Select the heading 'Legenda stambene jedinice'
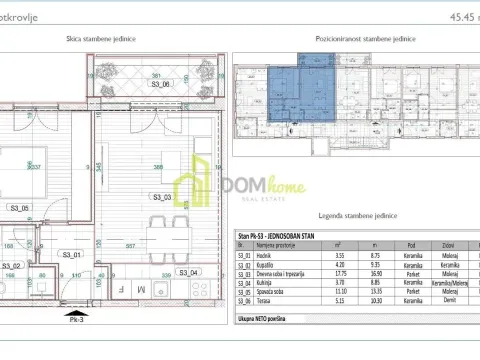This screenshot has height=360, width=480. [355, 218]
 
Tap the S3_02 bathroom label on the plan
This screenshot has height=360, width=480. [12, 265]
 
